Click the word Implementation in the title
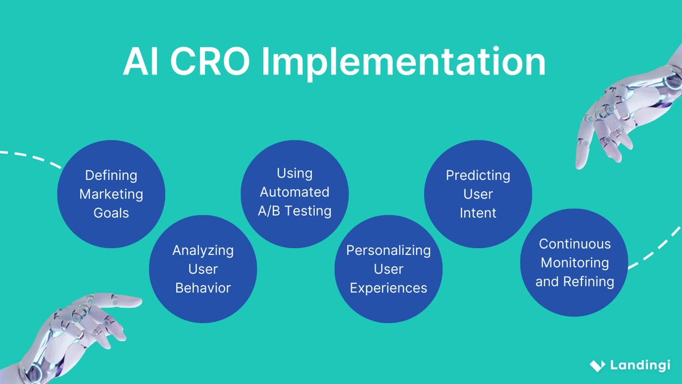click(403, 62)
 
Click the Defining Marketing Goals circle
click(111, 194)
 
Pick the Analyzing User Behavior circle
click(203, 269)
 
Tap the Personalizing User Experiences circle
click(388, 269)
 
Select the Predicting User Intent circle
click(478, 194)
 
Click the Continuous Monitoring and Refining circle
click(574, 263)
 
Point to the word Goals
click(111, 213)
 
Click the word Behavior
click(203, 288)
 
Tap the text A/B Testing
click(294, 211)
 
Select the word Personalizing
click(388, 250)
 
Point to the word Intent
click(478, 213)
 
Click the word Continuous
click(575, 244)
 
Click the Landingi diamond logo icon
click(597, 366)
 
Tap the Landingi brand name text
click(640, 365)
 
